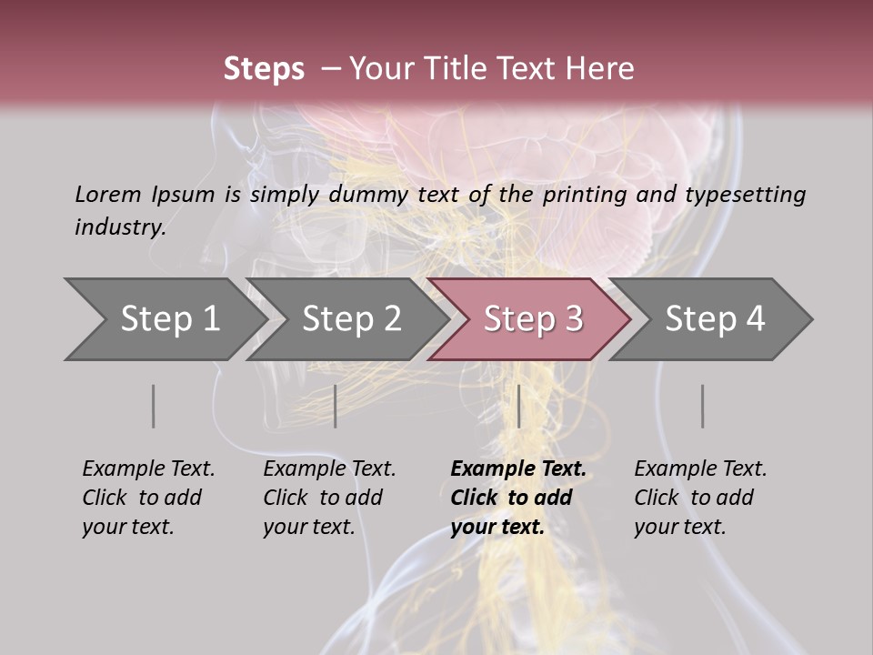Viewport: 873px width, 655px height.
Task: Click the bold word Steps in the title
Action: tap(264, 69)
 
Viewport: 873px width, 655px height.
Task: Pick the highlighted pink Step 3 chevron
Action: tap(533, 319)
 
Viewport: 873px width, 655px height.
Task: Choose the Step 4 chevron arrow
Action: tap(715, 319)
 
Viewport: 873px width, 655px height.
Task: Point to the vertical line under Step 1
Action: tap(153, 406)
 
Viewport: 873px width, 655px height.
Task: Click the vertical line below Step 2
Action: tap(335, 406)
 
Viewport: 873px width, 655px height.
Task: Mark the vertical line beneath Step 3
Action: tap(518, 406)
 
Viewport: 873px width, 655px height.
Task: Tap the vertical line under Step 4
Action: tap(702, 406)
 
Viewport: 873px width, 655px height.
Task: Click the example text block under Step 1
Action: tap(148, 498)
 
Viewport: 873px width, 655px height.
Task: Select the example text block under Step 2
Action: tap(329, 498)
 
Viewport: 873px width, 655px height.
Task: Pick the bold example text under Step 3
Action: tap(518, 498)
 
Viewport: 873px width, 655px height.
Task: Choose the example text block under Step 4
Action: tap(700, 498)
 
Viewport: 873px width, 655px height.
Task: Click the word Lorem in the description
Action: tap(108, 194)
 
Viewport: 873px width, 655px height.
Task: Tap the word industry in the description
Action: tap(119, 227)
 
